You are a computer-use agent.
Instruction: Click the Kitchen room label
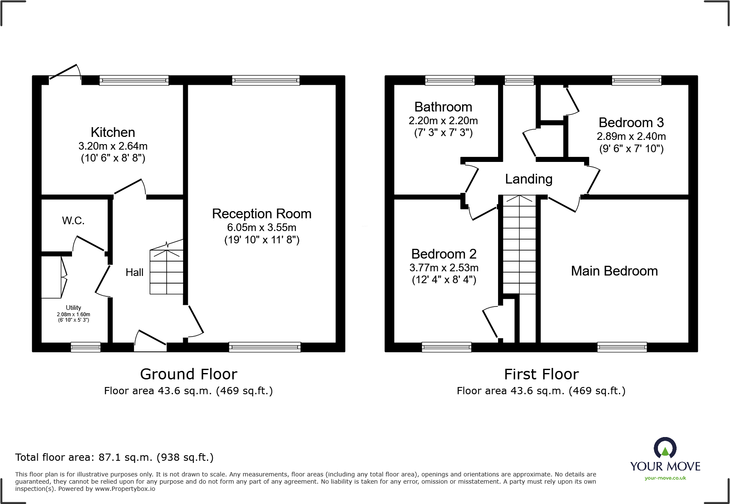[113, 132]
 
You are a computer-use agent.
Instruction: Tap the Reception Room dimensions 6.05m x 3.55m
[262, 228]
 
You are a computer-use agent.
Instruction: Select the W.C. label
[73, 220]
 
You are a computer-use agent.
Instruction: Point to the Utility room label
[73, 308]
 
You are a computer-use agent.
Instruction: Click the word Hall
[134, 273]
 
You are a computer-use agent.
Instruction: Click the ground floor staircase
[166, 271]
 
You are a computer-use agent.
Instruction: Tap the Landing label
[529, 179]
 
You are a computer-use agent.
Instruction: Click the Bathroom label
[443, 107]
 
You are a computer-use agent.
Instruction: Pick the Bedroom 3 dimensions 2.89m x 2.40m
[631, 136]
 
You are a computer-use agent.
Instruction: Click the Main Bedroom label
[614, 271]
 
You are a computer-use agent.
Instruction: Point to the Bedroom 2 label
[444, 254]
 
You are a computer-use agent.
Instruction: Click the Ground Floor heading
[189, 374]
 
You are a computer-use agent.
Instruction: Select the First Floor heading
[541, 374]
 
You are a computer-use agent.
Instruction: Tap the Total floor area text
[114, 457]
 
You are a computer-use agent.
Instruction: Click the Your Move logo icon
[665, 448]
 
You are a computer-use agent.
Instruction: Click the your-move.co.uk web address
[665, 478]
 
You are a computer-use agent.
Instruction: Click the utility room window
[86, 347]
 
